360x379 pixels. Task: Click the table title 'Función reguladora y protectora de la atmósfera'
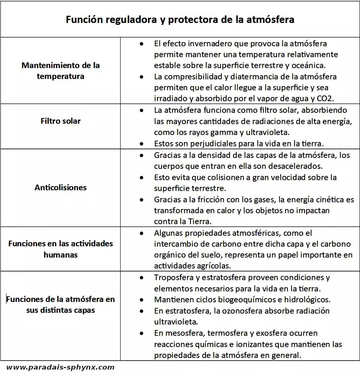click(x=180, y=20)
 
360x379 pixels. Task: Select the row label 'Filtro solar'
click(x=61, y=121)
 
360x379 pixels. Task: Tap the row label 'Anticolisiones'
click(x=61, y=187)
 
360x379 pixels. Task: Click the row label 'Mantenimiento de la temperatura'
click(x=61, y=71)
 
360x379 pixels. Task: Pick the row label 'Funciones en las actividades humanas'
click(x=61, y=249)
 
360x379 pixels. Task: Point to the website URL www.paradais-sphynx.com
click(x=60, y=367)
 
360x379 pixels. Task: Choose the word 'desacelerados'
click(x=297, y=166)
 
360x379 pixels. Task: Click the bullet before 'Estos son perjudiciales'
click(x=141, y=144)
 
